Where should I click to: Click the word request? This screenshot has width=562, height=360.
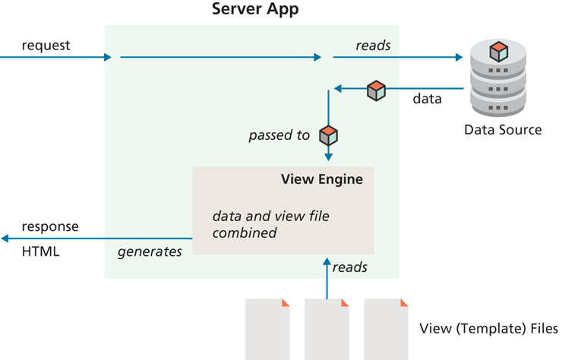click(46, 46)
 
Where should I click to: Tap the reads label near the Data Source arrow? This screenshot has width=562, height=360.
click(373, 46)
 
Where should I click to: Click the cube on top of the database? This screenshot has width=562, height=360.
click(498, 52)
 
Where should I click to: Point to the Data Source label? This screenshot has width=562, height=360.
click(503, 130)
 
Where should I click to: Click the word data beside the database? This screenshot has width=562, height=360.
click(427, 99)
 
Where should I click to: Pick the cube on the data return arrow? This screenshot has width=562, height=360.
click(376, 90)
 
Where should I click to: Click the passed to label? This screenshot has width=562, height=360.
click(279, 135)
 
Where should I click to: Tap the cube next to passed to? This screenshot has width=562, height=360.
click(328, 135)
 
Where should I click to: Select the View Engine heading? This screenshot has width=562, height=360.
click(321, 180)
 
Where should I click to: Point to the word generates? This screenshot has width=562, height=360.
click(150, 251)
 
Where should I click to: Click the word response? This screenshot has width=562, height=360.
click(49, 227)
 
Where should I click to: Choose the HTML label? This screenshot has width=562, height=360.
click(40, 251)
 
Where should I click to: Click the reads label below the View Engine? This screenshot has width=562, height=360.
click(350, 267)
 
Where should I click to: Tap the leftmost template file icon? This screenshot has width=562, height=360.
click(267, 328)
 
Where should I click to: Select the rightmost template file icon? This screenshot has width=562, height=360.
click(387, 328)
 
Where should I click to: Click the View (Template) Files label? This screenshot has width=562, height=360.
click(488, 329)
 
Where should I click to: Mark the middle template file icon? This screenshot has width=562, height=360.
click(327, 328)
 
